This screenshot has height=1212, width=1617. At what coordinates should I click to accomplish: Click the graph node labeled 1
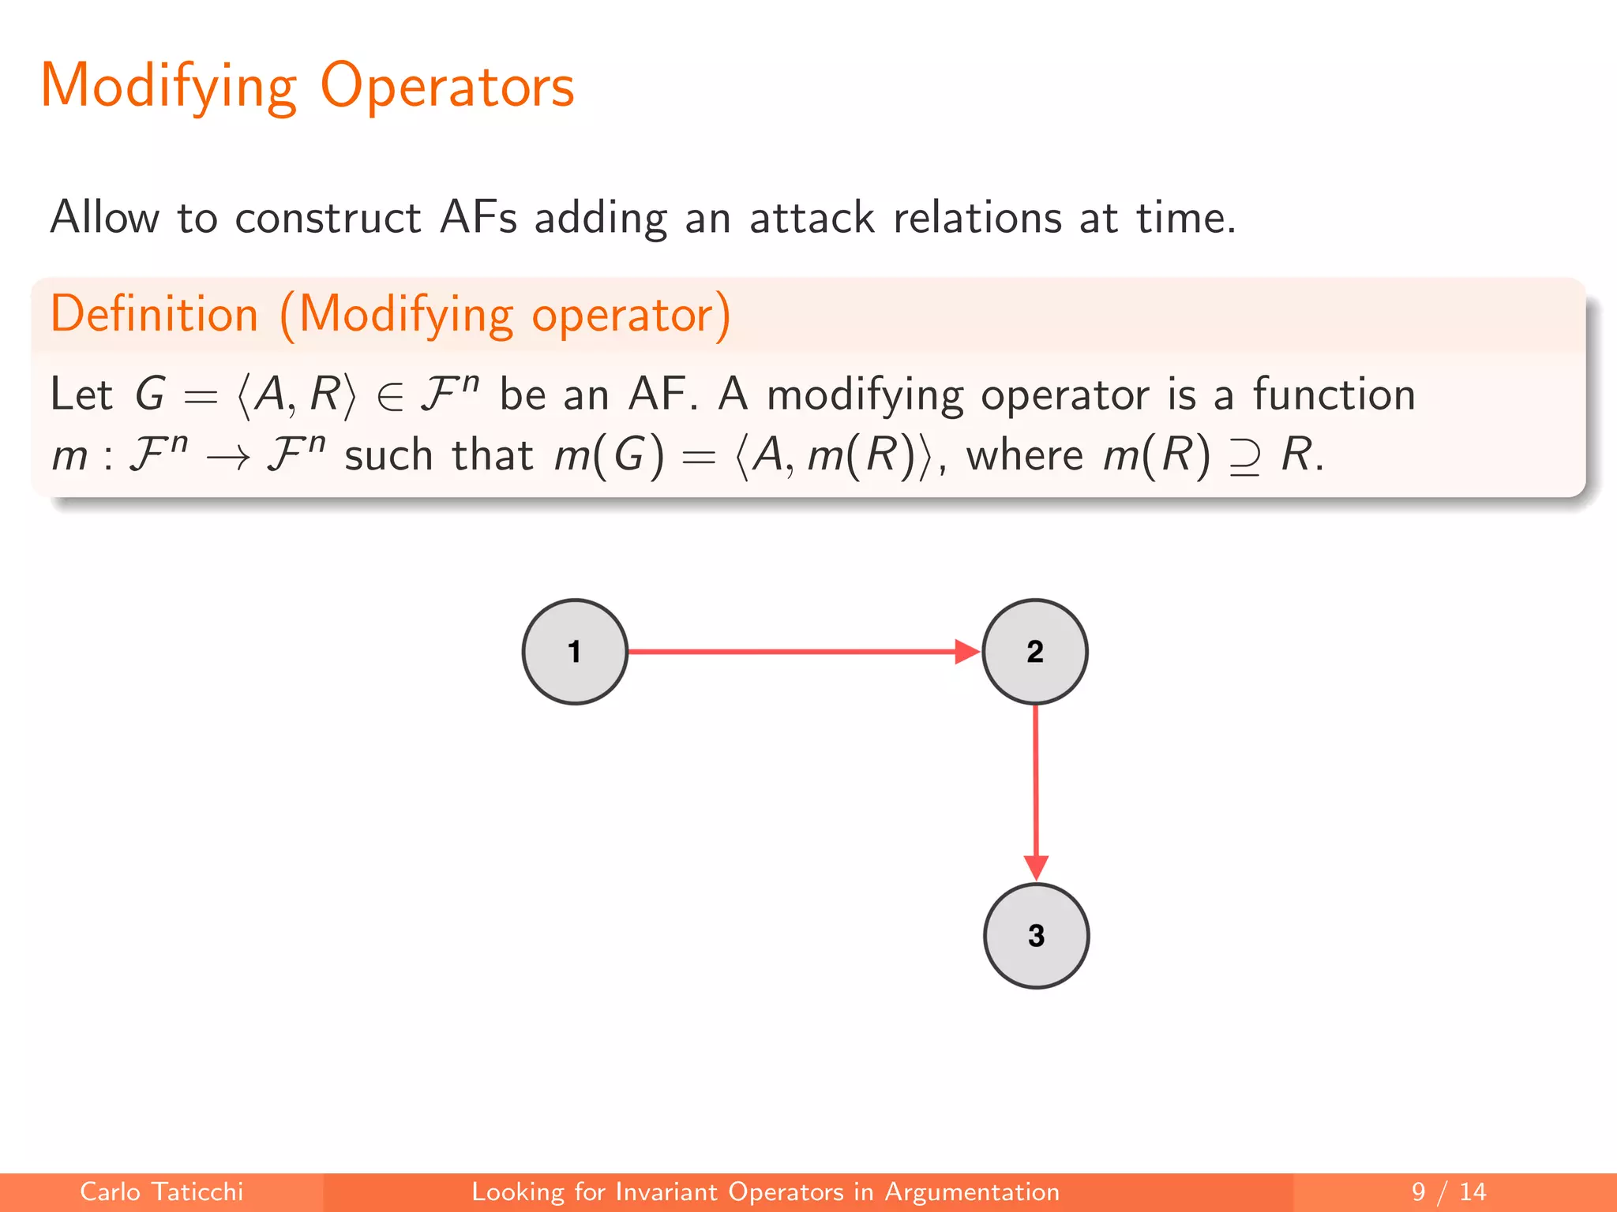575,652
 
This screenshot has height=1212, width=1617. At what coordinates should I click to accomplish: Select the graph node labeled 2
1035,652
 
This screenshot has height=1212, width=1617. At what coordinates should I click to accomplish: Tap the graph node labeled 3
1036,936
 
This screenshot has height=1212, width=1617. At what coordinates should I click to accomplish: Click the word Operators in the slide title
447,85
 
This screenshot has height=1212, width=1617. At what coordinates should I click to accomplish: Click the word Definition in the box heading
155,314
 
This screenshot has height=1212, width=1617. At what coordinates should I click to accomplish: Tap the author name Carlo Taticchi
161,1191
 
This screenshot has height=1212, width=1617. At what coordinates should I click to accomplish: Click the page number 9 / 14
1448,1191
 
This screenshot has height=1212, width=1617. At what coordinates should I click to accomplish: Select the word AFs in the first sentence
478,217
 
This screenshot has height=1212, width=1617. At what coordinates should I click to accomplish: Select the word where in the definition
1025,455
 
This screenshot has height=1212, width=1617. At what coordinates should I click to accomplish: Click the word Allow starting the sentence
104,217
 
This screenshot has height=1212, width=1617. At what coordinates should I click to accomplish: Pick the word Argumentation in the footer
971,1191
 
